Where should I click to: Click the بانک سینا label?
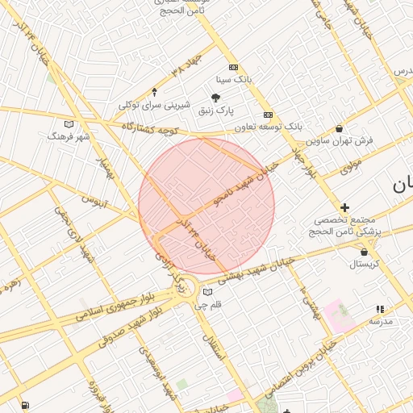[234, 80]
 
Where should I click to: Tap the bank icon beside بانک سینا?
[233, 68]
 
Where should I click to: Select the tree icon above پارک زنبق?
[215, 97]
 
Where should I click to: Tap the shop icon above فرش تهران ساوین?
[339, 128]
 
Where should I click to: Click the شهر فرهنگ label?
[69, 136]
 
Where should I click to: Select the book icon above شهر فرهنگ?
[69, 124]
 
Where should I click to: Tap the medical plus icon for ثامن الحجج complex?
[344, 207]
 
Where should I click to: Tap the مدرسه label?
[380, 321]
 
